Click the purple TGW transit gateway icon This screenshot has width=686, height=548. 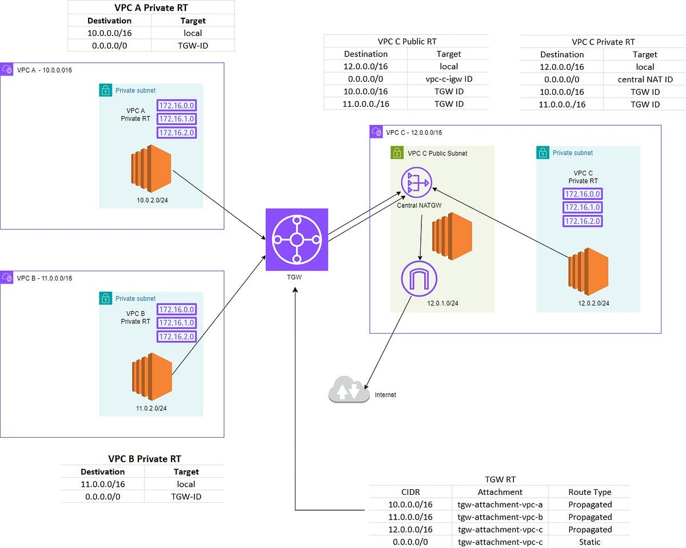pyautogui.click(x=297, y=239)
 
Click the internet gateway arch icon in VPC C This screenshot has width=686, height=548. pyautogui.click(x=420, y=279)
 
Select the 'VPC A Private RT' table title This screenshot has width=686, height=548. pyautogui.click(x=151, y=7)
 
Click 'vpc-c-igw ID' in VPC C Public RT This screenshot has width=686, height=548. pyautogui.click(x=448, y=79)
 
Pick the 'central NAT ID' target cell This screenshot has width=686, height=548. pyautogui.click(x=645, y=79)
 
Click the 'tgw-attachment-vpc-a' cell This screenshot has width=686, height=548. pyautogui.click(x=500, y=505)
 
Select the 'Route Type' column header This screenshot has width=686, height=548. pyautogui.click(x=589, y=492)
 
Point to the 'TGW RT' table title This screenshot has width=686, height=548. pyautogui.click(x=500, y=479)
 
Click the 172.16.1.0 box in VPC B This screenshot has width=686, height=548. pyautogui.click(x=177, y=323)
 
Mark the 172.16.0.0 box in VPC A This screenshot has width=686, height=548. pyautogui.click(x=177, y=105)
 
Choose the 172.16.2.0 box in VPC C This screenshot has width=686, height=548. pyautogui.click(x=583, y=221)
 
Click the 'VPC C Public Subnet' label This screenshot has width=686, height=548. pyautogui.click(x=437, y=153)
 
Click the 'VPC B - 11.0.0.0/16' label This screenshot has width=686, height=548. pyautogui.click(x=45, y=278)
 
